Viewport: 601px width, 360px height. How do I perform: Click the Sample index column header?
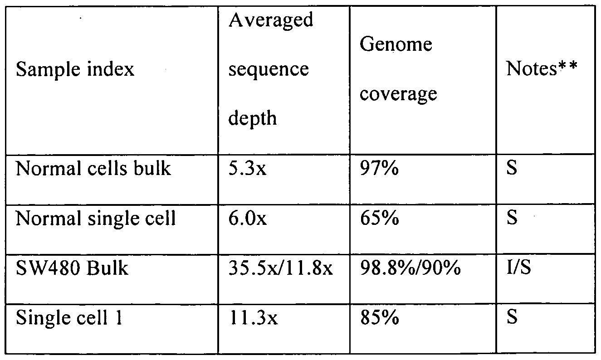[75, 70]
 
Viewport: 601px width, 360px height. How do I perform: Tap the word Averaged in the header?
[271, 20]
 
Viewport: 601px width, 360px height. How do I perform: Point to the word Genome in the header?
[396, 45]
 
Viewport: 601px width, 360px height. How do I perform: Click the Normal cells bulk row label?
[93, 169]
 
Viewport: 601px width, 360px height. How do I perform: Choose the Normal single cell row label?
[96, 219]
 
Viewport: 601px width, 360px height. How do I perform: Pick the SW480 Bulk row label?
[72, 268]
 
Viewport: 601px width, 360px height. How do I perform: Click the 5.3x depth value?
[248, 169]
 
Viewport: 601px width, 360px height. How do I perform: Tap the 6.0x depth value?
[248, 219]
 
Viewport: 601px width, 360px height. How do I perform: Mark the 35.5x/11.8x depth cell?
[280, 268]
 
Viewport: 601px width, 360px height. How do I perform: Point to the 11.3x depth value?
[253, 317]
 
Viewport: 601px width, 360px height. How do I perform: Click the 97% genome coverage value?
[379, 169]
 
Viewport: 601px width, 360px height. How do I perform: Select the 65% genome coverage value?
[379, 219]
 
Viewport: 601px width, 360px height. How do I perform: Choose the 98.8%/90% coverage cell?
[410, 268]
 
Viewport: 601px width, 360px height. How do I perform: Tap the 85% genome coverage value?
[379, 317]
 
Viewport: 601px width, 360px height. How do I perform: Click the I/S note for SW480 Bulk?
[518, 268]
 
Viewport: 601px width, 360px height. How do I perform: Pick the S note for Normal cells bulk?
[512, 169]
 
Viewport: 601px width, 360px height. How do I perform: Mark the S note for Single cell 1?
[512, 317]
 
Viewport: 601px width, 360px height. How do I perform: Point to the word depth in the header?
[253, 118]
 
